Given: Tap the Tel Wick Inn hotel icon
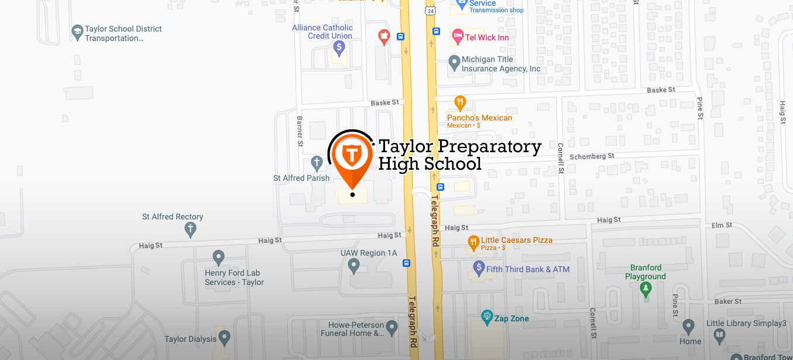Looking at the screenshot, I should (x=457, y=37).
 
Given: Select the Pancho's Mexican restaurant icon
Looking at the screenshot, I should (x=460, y=103).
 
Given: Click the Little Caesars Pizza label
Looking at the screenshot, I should (x=516, y=240).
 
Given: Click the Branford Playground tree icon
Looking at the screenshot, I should (x=646, y=288).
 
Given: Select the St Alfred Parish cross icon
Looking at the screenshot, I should (x=317, y=162).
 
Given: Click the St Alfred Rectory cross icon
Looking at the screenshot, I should (x=190, y=229).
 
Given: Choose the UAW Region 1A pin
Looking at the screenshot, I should (x=353, y=266).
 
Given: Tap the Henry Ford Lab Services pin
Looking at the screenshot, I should (x=218, y=256).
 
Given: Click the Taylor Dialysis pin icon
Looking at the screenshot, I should (x=224, y=338).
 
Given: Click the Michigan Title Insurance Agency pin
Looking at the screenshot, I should (x=454, y=61).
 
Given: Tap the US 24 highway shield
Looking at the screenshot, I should (x=431, y=10).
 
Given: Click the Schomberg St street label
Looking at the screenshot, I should (x=592, y=156).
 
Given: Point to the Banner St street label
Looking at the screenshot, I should (x=300, y=131).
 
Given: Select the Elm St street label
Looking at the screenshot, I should (x=720, y=225).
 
